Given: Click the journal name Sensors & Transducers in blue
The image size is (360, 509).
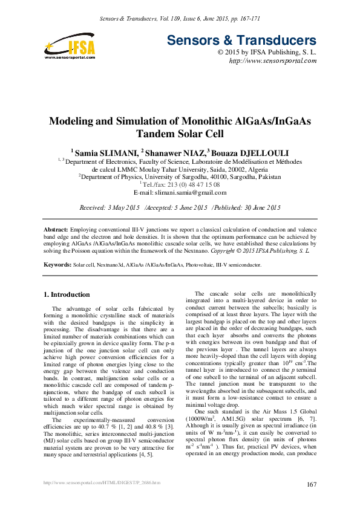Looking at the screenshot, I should [x=241, y=41].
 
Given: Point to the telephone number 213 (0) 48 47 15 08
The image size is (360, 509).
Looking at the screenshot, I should [x=191, y=184].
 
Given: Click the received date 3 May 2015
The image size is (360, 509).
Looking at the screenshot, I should [x=125, y=207].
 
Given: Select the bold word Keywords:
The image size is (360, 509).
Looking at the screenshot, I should [x=58, y=265].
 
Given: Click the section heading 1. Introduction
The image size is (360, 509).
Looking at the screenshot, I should [x=67, y=294].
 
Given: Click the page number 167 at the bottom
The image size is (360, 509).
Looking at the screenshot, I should [x=312, y=484].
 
